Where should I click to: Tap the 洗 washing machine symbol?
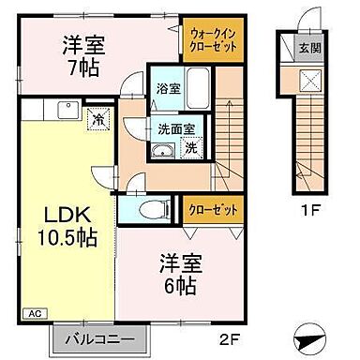191,147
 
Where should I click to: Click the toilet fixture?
150,209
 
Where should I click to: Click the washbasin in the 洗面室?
162,152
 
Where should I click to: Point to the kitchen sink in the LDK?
66,110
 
